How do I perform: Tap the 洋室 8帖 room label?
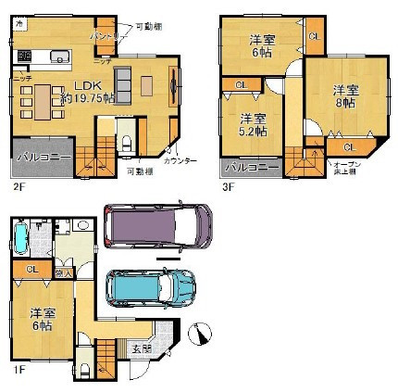click(x=344, y=97)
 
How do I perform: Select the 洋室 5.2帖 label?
click(x=253, y=125)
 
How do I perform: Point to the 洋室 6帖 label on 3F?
click(x=264, y=45)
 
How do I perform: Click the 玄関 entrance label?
click(x=141, y=348)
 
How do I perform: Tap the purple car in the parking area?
click(x=157, y=226)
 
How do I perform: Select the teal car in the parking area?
click(x=151, y=288)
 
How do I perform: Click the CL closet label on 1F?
click(x=31, y=270)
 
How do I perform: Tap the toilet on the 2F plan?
click(x=126, y=141)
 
